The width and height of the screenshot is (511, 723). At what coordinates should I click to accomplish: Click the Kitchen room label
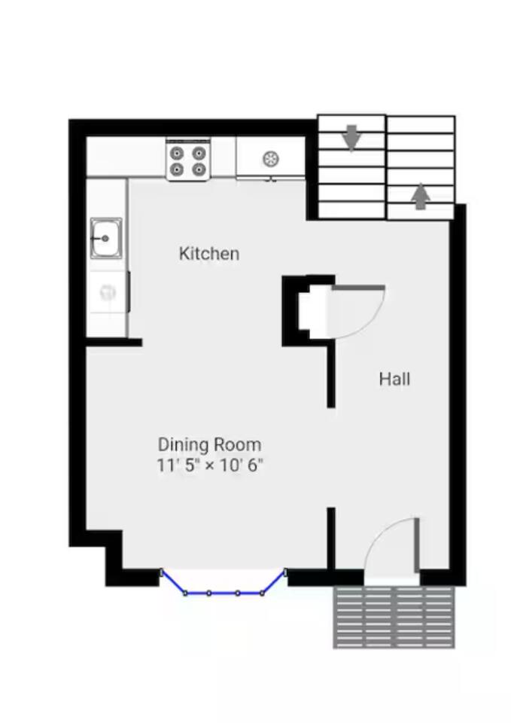tap(209, 254)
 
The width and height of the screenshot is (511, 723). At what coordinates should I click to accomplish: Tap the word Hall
tap(394, 379)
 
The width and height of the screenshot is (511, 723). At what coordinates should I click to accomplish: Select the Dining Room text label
tap(210, 444)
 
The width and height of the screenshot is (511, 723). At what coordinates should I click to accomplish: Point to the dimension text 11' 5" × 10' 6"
tap(210, 465)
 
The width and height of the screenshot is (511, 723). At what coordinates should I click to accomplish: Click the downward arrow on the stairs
tap(352, 137)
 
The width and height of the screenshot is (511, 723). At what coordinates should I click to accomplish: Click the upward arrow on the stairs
tap(420, 197)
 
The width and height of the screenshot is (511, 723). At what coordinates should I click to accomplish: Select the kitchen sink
tap(106, 238)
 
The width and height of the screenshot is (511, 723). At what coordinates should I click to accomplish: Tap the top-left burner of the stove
tap(177, 153)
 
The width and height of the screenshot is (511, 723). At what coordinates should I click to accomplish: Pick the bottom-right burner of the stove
tap(199, 169)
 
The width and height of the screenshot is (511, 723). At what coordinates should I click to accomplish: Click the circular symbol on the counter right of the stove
tap(270, 159)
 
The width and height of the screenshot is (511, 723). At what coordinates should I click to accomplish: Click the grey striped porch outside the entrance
tap(394, 617)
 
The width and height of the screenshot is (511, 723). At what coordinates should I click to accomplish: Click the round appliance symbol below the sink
tap(108, 292)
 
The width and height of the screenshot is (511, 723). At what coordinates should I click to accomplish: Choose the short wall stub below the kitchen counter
tap(114, 342)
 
